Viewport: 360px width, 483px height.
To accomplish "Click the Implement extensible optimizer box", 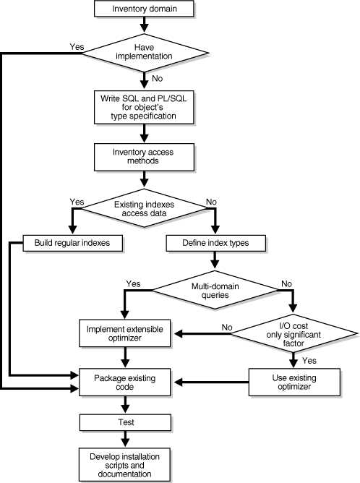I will (x=127, y=335).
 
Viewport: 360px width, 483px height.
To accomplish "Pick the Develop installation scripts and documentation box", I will (x=127, y=463).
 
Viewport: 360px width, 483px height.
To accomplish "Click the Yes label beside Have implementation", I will (x=77, y=47).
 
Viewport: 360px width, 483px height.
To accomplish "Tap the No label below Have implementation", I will (x=156, y=76).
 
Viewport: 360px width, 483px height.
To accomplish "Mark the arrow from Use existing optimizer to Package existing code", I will (x=210, y=381).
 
